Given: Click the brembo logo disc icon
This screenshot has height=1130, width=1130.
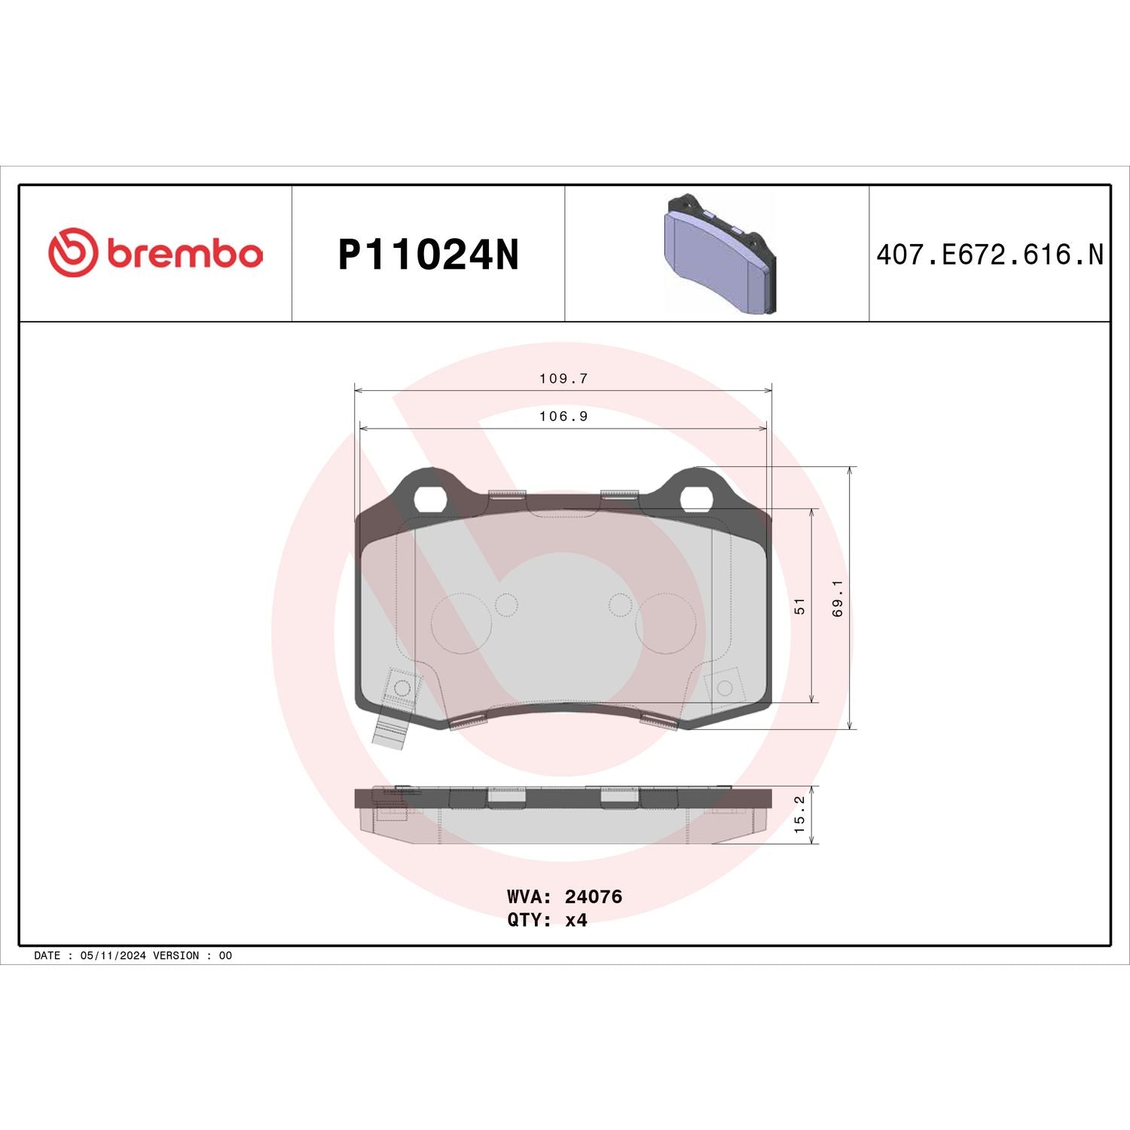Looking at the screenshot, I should click(x=73, y=252).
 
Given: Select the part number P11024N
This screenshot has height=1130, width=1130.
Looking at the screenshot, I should click(x=428, y=255).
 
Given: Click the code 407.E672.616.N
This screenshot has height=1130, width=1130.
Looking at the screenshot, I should click(x=989, y=255).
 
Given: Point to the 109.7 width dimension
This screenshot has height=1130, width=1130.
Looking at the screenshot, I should click(x=563, y=379).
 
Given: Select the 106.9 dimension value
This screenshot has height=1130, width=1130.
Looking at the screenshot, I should click(x=563, y=417).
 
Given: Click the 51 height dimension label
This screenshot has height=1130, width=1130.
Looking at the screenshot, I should click(x=800, y=606).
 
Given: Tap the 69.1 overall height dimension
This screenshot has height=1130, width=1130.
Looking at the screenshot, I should click(x=838, y=599).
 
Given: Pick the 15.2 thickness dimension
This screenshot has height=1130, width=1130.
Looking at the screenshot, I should click(x=800, y=814).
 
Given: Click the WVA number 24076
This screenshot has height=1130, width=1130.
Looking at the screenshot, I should click(x=593, y=896).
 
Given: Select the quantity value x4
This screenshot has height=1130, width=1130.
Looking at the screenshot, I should click(x=576, y=920).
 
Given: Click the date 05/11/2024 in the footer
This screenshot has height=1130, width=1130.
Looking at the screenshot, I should click(x=112, y=955).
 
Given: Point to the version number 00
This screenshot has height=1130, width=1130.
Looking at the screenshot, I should click(x=225, y=955).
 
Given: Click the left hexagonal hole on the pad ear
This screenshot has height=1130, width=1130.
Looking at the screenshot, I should click(x=429, y=498).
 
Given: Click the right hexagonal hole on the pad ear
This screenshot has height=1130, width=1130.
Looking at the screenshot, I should click(x=697, y=498).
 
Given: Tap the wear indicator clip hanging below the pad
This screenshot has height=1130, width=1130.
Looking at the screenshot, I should click(x=390, y=730).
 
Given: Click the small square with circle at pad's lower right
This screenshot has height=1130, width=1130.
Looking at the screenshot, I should click(x=724, y=688).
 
